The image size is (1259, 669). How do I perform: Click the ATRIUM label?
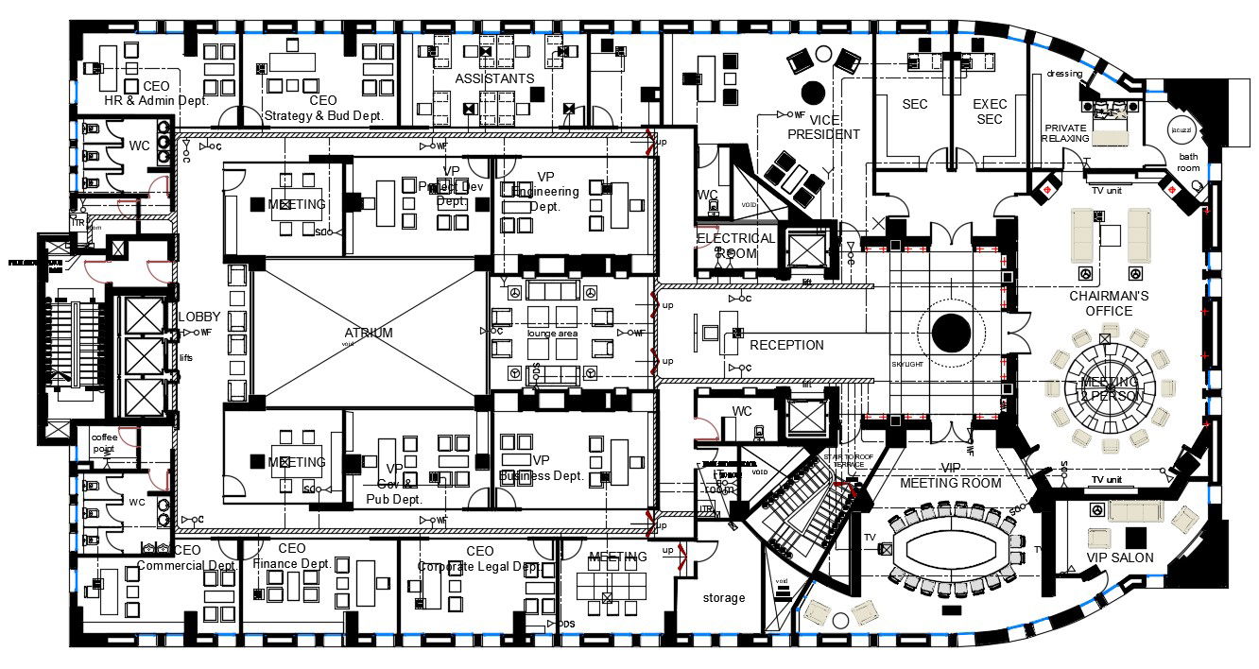click(369, 333)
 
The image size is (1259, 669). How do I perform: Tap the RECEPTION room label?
click(786, 345)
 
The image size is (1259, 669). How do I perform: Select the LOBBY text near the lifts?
click(198, 317)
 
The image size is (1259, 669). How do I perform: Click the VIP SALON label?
click(1120, 557)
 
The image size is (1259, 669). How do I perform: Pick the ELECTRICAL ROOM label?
click(735, 246)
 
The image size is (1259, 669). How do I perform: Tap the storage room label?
click(724, 597)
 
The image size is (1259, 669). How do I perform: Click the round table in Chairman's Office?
click(1110, 387)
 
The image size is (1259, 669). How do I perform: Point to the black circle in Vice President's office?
click(813, 93)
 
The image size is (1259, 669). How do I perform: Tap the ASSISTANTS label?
click(494, 78)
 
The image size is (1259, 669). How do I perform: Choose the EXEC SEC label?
click(990, 111)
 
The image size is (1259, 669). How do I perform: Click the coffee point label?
click(104, 443)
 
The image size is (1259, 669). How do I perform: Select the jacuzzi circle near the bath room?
click(1181, 129)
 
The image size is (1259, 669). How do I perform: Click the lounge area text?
click(553, 334)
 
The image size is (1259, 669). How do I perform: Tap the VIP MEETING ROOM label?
click(950, 475)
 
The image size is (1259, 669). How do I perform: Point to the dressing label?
click(1064, 74)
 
